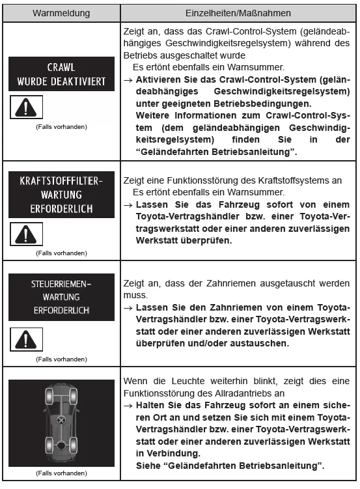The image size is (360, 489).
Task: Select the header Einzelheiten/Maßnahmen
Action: click(x=239, y=12)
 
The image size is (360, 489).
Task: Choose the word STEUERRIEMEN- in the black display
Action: click(x=61, y=285)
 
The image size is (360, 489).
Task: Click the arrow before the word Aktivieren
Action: click(x=128, y=78)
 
